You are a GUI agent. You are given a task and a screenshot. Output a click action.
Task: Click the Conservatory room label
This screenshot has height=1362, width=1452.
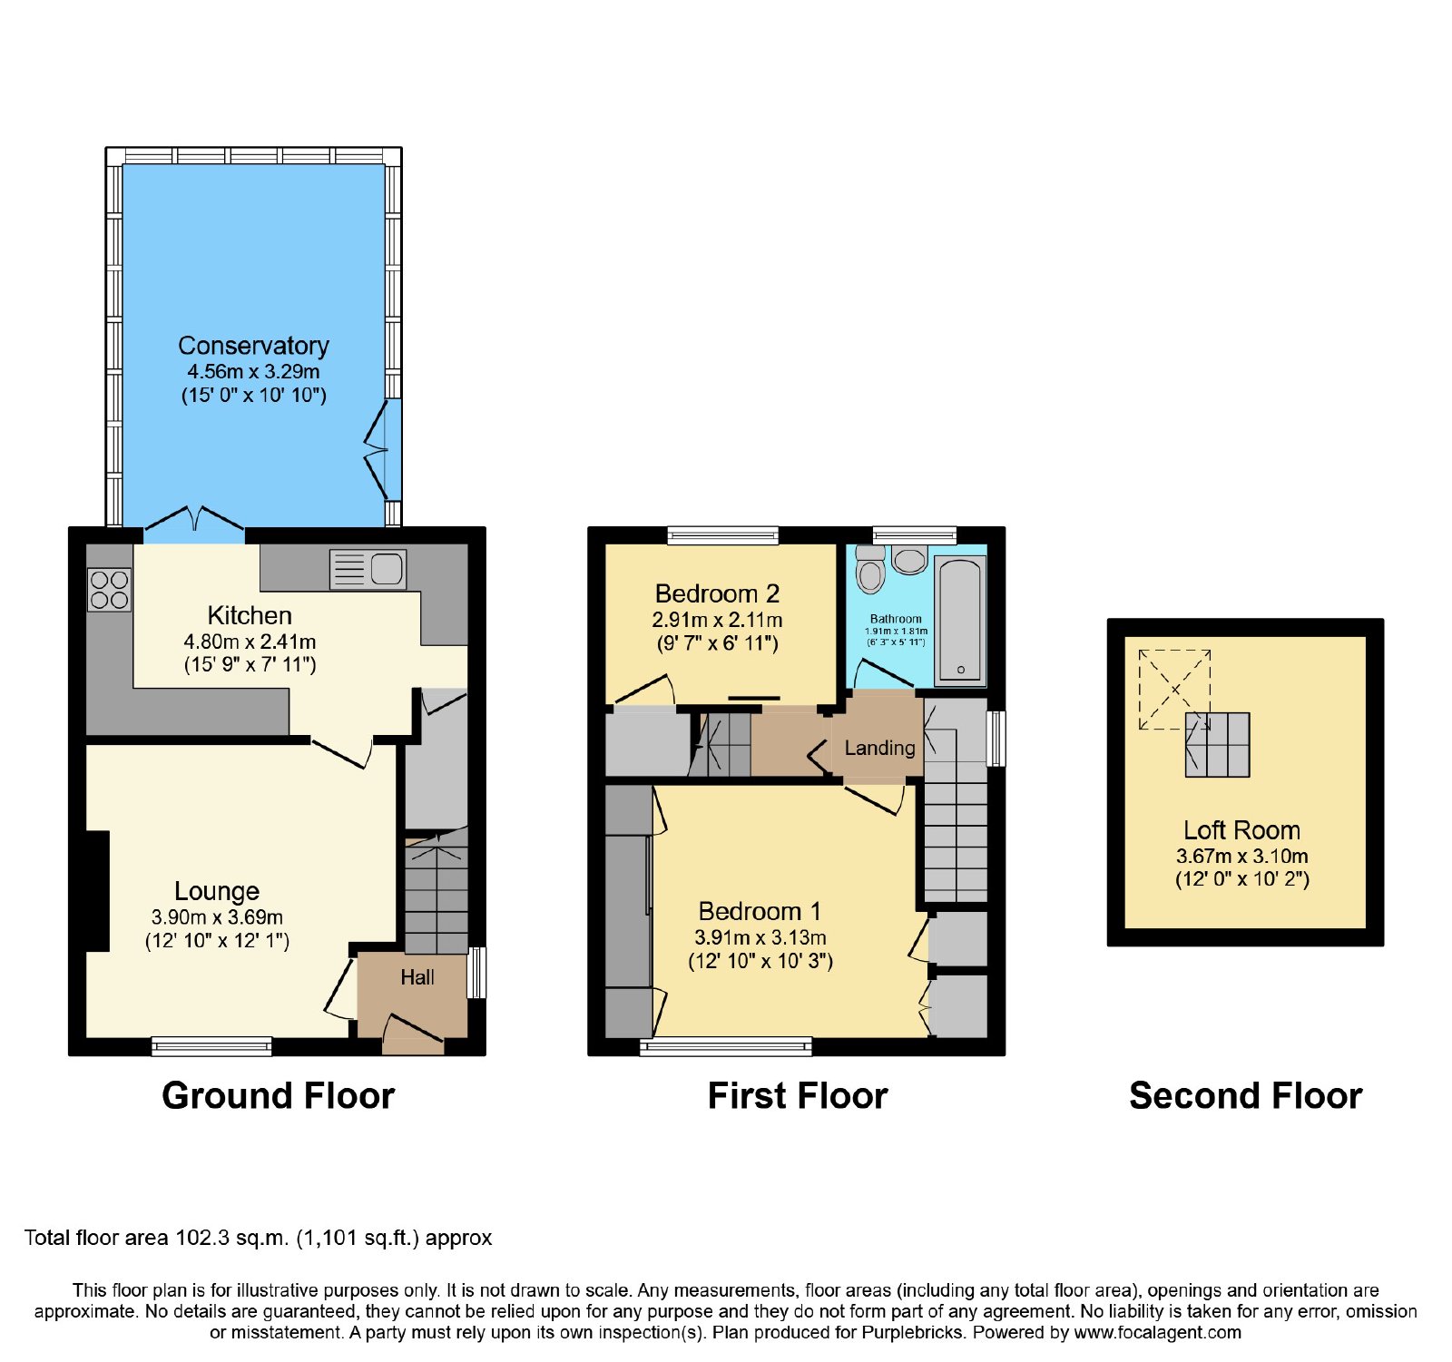click(253, 346)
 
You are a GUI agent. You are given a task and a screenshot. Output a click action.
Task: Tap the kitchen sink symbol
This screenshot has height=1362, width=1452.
click(368, 570)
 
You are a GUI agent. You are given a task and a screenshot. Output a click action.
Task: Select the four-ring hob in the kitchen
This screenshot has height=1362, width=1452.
click(109, 589)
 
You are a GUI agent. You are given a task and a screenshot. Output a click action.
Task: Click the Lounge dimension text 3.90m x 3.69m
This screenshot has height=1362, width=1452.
click(217, 917)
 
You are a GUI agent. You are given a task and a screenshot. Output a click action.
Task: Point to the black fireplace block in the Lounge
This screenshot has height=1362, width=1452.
click(98, 891)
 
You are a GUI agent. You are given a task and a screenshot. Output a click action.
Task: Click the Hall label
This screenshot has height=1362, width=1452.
click(417, 977)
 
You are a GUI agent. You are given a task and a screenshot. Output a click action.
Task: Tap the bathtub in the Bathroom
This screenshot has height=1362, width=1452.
click(960, 620)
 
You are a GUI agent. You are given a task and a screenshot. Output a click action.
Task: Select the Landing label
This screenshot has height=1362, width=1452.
click(879, 748)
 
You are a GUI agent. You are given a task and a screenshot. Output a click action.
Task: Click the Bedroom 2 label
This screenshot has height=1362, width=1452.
click(717, 593)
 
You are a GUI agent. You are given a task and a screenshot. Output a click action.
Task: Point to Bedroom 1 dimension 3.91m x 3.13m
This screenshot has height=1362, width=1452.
click(760, 937)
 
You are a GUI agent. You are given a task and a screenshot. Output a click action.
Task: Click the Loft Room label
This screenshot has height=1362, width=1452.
click(1241, 830)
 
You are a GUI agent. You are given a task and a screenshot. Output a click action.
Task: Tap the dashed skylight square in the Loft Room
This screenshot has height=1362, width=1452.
click(1174, 689)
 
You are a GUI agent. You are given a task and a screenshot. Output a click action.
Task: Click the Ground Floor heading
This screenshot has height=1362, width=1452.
click(278, 1096)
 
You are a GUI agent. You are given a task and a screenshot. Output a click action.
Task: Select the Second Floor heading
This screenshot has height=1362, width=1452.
click(1245, 1096)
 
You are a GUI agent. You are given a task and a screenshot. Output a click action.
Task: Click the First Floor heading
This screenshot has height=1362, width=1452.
click(797, 1096)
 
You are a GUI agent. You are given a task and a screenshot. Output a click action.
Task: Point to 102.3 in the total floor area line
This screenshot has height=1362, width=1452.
click(202, 1238)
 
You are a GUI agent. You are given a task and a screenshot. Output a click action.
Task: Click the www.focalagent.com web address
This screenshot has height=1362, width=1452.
click(1157, 1332)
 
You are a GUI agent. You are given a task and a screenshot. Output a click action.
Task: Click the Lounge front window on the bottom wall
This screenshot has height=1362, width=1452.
click(211, 1046)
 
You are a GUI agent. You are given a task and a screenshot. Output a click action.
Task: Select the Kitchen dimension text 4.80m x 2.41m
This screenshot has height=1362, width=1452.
click(250, 642)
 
